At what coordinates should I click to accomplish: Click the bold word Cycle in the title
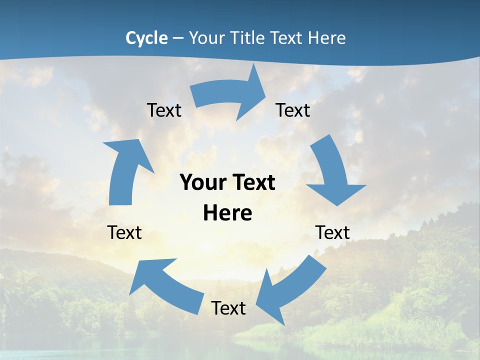coord(146,38)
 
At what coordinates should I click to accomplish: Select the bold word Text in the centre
coord(252,182)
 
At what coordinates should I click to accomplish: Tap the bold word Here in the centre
coord(227,213)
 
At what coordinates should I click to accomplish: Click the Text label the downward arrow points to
coord(332,232)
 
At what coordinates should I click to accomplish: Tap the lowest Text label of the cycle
coord(228,308)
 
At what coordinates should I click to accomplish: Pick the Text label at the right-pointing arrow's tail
coord(164,110)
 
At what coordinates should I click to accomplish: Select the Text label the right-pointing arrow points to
coord(293,110)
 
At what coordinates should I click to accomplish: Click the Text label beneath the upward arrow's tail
coord(124,232)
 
